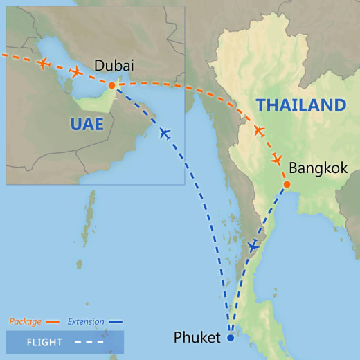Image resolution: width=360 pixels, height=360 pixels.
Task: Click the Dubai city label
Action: [114, 66]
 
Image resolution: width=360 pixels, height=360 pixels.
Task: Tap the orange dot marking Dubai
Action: [111, 85]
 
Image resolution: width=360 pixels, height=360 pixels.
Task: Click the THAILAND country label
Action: [300, 105]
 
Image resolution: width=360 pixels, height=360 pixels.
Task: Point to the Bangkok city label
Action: [318, 168]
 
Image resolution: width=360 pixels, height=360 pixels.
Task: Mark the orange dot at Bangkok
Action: [286, 184]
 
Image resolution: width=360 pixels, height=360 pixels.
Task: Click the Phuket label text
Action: [197, 339]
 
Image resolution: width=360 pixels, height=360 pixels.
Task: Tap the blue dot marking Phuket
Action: [231, 339]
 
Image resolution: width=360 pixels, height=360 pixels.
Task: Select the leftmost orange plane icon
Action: [44, 64]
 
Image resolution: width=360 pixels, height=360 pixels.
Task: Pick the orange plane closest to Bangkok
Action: [276, 160]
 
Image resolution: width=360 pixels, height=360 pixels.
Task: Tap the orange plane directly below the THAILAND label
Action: [259, 131]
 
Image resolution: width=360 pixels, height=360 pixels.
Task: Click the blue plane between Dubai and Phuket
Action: [164, 133]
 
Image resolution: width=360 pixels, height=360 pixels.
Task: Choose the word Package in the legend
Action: [25, 321]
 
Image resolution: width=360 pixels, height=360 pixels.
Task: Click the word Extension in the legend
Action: [86, 321]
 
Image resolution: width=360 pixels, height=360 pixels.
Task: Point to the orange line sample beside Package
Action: [52, 322]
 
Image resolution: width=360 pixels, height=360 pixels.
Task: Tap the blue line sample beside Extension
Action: [116, 322]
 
